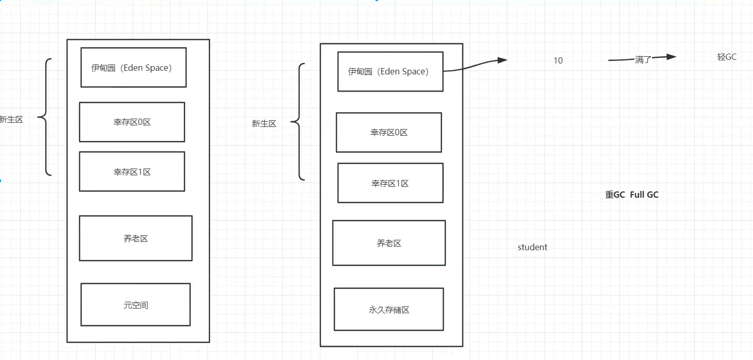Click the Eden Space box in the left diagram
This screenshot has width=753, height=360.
click(x=133, y=68)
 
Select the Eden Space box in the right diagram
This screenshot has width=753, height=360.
click(x=390, y=72)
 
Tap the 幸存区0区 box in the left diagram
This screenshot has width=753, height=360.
click(x=132, y=122)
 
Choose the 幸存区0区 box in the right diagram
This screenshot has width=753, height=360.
click(x=389, y=133)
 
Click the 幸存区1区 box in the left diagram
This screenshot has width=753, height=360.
click(x=132, y=172)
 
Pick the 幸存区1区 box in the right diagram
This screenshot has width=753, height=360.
click(x=390, y=183)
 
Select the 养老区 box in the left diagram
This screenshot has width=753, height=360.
click(x=136, y=238)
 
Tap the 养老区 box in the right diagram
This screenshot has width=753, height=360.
click(x=389, y=243)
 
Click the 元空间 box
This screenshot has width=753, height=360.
click(x=136, y=305)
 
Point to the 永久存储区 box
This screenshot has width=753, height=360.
click(x=389, y=310)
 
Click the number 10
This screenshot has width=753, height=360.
click(x=557, y=60)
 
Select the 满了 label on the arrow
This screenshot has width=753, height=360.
click(x=643, y=59)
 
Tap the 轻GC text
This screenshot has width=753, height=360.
click(x=726, y=57)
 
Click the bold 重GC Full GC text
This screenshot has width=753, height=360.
click(x=632, y=195)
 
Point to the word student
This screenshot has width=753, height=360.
click(x=533, y=248)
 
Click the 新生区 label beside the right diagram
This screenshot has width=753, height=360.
click(x=264, y=124)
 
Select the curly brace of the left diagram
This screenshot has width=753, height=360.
click(x=44, y=117)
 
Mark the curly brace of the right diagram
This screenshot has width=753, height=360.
click(x=297, y=122)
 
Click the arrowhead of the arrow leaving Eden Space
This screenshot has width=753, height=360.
click(x=502, y=60)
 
